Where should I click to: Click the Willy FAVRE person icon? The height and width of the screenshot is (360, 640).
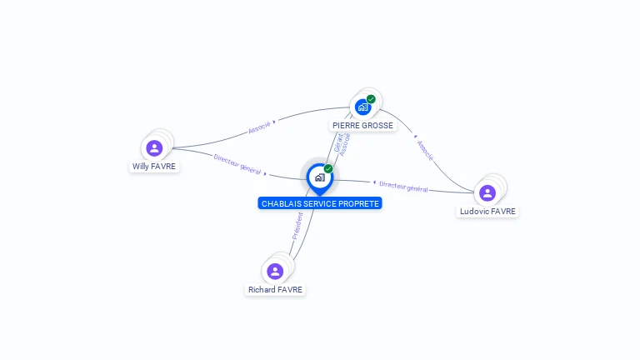(154, 148)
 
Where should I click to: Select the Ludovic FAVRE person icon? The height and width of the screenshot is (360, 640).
(487, 193)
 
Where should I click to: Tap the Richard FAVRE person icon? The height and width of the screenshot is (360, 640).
(275, 271)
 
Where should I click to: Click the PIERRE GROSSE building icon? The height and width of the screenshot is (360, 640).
(362, 107)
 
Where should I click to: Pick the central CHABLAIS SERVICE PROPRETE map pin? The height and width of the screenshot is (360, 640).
(319, 177)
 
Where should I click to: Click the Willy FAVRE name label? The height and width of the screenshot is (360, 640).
(154, 166)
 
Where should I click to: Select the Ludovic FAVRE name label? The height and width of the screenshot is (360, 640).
(488, 212)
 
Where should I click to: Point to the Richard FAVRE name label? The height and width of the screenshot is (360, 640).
(275, 290)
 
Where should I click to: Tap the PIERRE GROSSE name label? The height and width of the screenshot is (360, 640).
(362, 126)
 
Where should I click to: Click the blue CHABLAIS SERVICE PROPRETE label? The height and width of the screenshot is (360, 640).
(320, 203)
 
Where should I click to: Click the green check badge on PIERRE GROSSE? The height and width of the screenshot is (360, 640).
(371, 99)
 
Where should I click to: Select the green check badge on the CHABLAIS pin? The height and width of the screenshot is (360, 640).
(328, 169)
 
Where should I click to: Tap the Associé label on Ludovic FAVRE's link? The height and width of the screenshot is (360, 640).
(424, 150)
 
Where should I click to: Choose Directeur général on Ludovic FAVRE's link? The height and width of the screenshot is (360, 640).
(403, 187)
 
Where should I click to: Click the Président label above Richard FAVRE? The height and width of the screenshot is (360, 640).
(297, 226)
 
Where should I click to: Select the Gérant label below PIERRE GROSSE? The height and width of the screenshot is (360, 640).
(338, 142)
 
